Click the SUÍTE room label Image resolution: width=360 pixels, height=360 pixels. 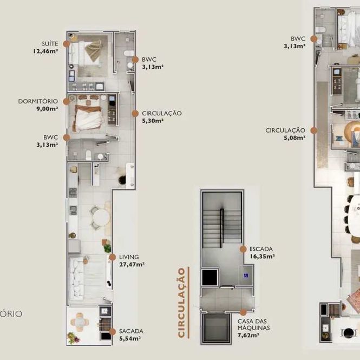click(50, 44)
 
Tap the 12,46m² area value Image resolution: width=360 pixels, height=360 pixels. click(45, 51)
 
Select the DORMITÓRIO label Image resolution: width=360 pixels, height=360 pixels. click(38, 101)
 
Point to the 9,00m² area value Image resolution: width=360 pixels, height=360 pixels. click(47, 109)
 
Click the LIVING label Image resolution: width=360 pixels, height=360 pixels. click(129, 257)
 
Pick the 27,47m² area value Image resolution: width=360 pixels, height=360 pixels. click(132, 265)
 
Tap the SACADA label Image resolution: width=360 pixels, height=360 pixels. click(131, 331)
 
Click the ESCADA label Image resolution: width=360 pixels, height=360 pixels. click(261, 249)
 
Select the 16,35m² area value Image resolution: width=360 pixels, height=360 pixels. click(262, 257)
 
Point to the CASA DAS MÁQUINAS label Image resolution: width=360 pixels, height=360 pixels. click(254, 324)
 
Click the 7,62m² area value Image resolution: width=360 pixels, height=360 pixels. click(248, 335)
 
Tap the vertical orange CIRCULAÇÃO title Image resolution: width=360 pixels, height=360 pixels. click(181, 303)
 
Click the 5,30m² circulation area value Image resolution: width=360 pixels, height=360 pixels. click(153, 121)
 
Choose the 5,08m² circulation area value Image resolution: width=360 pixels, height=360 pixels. click(294, 138)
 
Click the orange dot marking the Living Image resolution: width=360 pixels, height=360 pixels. click(112, 257)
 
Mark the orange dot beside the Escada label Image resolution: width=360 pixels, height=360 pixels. click(243, 249)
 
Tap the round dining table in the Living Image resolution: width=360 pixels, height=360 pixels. click(101, 218)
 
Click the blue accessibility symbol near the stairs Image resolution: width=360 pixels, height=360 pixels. click(246, 276)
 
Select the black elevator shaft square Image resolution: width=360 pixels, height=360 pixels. click(210, 277)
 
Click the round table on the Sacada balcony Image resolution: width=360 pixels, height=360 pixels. click(80, 322)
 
